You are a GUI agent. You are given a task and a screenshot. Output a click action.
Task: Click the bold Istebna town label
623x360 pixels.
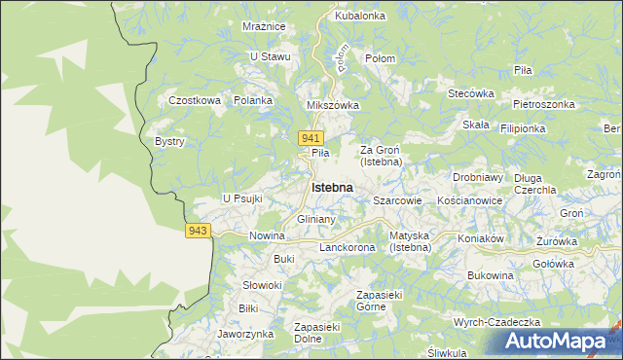331,187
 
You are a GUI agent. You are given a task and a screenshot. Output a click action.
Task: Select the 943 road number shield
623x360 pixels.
198,230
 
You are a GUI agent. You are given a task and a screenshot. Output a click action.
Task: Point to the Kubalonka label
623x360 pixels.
360,17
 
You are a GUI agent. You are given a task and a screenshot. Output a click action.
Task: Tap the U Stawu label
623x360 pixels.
271,56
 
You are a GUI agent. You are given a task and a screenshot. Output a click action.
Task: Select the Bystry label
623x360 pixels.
169,141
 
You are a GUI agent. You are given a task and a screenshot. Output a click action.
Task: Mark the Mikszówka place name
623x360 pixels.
333,105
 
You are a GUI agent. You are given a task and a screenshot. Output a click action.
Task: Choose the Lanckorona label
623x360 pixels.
348,248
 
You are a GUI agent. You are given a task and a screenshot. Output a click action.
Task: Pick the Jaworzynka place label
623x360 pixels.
245,333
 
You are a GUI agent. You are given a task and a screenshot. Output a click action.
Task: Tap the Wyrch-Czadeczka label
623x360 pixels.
496,322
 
